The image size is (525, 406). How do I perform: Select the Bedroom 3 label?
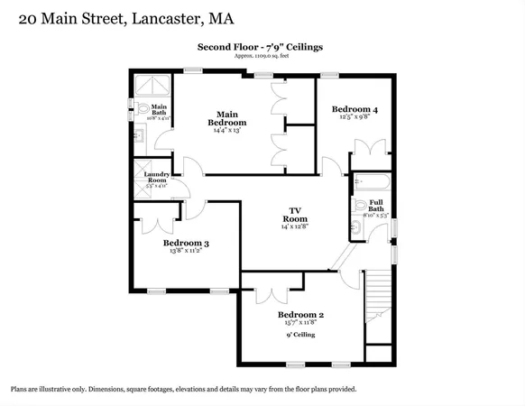tap(186, 243)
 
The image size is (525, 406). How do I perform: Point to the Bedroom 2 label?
tap(300, 315)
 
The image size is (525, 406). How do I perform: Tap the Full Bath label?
tap(375, 206)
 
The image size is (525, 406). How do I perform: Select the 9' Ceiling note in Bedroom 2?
tap(300, 335)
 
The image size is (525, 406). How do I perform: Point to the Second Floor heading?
tap(261, 46)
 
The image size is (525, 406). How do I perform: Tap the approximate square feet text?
tap(261, 56)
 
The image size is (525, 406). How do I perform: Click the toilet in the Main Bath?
tap(146, 110)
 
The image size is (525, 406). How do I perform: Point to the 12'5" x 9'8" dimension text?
tap(354, 117)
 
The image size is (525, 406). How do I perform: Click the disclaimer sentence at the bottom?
tap(183, 389)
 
